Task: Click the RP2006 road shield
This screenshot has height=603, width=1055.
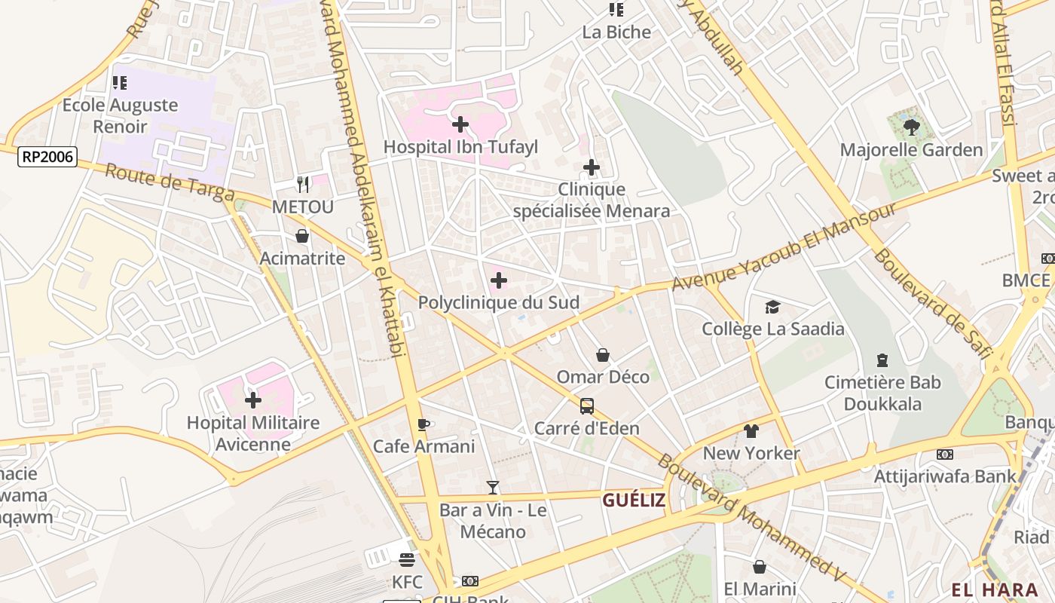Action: [48, 157]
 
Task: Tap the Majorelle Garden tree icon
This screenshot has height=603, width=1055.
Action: [911, 127]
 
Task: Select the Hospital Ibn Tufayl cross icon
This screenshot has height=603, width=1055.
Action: [460, 124]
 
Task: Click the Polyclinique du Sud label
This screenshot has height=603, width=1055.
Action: [499, 303]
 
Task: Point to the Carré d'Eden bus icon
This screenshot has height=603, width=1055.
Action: [587, 406]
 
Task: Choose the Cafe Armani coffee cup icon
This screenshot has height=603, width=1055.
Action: [424, 424]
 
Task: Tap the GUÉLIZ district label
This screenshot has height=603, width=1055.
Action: [634, 500]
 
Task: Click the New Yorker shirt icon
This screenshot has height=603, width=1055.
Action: [751, 431]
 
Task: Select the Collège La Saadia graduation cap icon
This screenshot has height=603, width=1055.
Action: [772, 307]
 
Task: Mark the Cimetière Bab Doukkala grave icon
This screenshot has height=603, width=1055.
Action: [882, 360]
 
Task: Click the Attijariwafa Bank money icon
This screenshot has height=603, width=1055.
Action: [944, 455]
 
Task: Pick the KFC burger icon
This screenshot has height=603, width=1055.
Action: [407, 560]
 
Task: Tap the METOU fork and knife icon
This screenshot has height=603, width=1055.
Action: [303, 184]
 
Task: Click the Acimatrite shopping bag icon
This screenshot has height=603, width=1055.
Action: [302, 237]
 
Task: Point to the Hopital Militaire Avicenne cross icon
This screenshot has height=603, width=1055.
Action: [253, 400]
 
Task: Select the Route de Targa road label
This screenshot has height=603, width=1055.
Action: [170, 183]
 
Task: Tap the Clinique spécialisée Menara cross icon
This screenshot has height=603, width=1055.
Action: [592, 167]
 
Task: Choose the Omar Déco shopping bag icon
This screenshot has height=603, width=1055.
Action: [603, 354]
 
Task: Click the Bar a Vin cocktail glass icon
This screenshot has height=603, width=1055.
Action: [493, 488]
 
